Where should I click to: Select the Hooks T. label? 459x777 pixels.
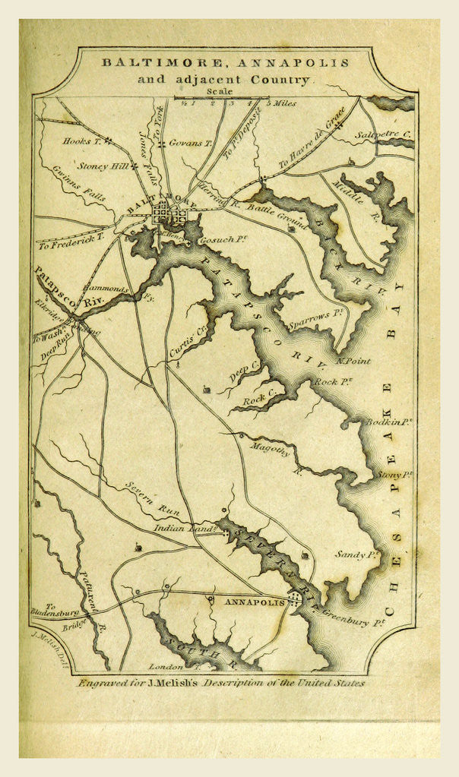pos(82,141)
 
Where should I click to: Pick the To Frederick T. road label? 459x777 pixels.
pos(70,242)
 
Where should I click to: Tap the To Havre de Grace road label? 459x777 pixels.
pos(312,140)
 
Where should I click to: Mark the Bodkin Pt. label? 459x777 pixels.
pos(390,422)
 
